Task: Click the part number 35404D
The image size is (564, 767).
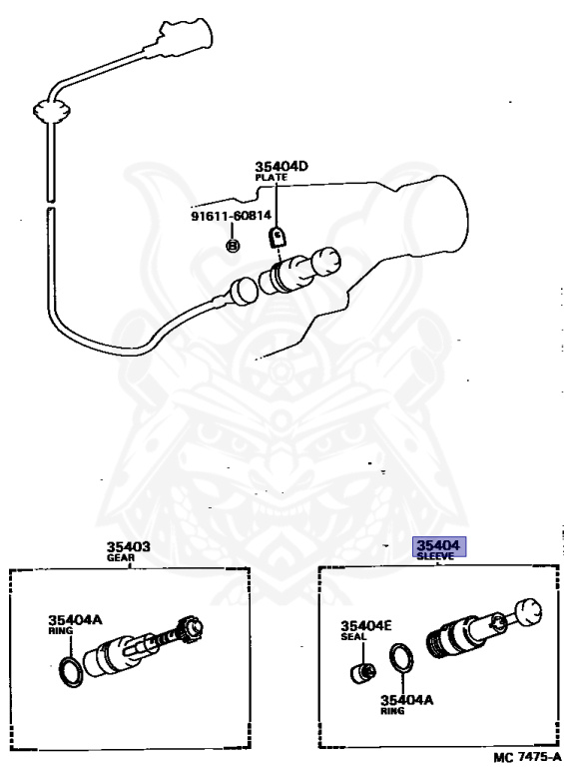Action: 282,167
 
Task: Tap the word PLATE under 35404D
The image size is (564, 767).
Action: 271,178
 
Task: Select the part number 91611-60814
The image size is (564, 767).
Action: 231,215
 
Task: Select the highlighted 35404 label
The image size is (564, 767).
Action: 438,545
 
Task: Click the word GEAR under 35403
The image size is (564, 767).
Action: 121,558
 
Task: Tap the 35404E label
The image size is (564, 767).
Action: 366,626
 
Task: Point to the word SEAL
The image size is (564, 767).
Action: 351,637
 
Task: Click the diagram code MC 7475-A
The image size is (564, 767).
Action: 527,756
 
